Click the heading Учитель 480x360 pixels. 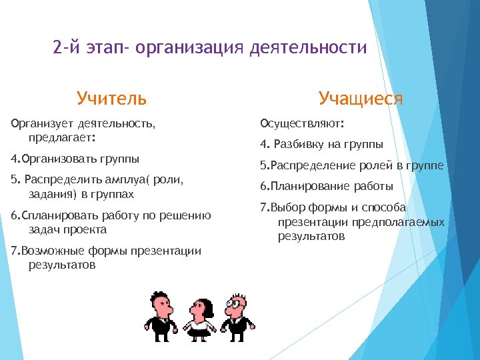coord(111,99)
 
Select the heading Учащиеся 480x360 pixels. coord(360,99)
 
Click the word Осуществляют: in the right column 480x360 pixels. coord(302,123)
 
